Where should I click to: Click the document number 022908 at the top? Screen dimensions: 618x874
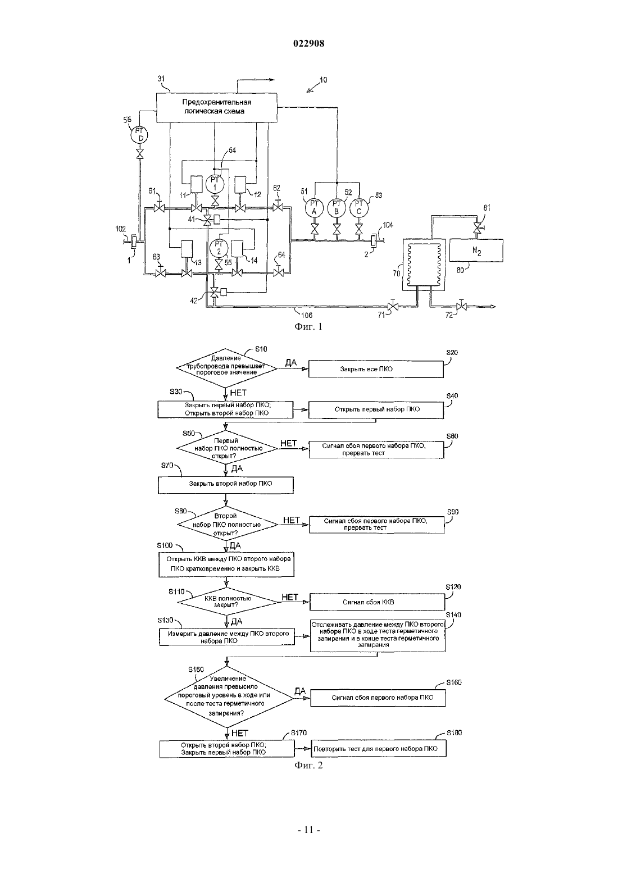(308, 43)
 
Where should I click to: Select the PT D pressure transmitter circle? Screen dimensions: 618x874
(139, 135)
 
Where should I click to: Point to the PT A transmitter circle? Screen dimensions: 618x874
(314, 207)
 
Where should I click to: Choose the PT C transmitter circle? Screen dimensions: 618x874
(359, 207)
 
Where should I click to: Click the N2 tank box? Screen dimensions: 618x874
(476, 250)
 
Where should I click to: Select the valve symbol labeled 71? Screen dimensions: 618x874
(393, 306)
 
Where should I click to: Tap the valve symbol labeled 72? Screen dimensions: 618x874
(462, 306)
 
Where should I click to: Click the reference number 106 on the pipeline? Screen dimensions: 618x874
(307, 315)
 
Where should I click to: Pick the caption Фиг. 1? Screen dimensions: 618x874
(308, 326)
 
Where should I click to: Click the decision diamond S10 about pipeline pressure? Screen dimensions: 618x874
(226, 367)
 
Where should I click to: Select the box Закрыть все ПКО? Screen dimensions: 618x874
(376, 369)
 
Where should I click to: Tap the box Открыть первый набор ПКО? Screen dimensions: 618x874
(376, 409)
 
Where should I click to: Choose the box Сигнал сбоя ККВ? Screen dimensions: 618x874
(378, 602)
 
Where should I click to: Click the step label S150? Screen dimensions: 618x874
(196, 670)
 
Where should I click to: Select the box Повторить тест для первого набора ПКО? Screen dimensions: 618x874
(379, 748)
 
